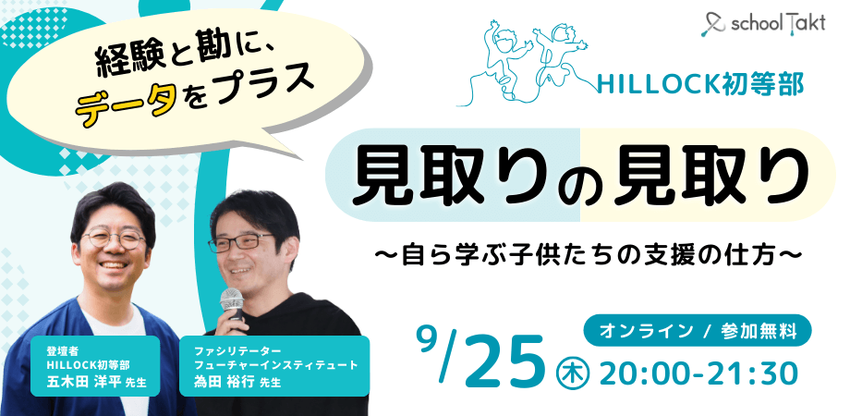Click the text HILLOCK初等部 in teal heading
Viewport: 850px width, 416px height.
click(700, 84)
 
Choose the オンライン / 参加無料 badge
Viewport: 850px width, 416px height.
click(698, 328)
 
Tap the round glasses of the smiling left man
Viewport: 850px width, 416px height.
click(114, 239)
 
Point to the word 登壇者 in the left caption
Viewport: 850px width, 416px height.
click(58, 351)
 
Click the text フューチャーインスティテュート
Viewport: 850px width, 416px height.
click(275, 366)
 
